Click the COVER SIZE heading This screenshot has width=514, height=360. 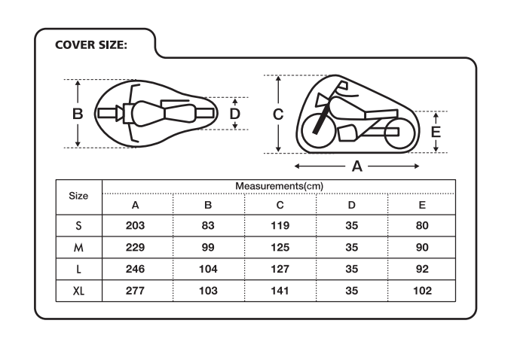pos(90,45)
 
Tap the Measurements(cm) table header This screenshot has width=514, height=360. pos(279,186)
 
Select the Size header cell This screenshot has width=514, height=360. pos(78,196)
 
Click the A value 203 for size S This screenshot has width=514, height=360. pos(135,225)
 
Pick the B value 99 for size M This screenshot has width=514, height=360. pos(208,247)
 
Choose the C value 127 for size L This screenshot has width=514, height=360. pos(280,269)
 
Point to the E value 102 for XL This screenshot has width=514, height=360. pos(422,291)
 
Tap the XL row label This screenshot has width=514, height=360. pos(78,291)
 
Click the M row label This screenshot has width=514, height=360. pos(78,247)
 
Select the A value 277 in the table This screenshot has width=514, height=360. pos(135,291)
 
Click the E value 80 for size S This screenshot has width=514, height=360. pos(422,225)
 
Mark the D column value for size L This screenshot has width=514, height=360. pos(351,269)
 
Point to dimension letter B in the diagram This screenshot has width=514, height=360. pos(78,114)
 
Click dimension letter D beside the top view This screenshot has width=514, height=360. pos(234,114)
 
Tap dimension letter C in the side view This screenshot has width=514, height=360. pos(278,114)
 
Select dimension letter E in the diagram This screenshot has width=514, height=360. pos(436,132)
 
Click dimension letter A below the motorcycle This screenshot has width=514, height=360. pos(357,166)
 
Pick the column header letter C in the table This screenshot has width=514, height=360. pos(280,205)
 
